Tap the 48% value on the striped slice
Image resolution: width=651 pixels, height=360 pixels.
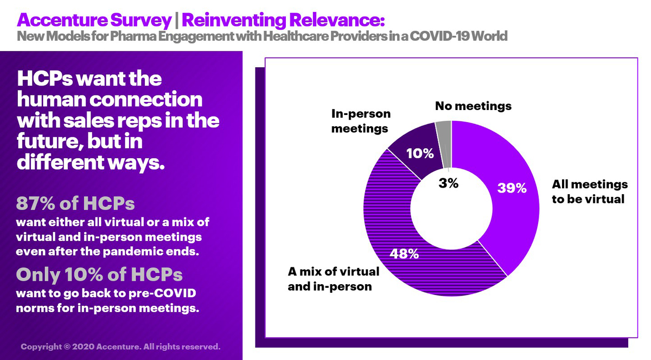tap(404, 253)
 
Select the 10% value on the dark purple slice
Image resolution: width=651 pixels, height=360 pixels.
tap(419, 153)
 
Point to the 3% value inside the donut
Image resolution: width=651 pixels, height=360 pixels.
tap(448, 183)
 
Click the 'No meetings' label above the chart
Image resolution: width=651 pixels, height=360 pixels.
tap(473, 106)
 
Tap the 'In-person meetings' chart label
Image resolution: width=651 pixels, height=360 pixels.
tap(361, 121)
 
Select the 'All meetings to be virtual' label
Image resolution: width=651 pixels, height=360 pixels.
tap(589, 191)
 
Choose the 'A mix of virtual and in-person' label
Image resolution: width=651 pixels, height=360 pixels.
tap(334, 279)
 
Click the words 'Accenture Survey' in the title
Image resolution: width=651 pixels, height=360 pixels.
tap(94, 20)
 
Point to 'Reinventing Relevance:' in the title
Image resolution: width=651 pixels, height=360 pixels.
tap(283, 20)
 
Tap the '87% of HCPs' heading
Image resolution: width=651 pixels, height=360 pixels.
tap(75, 203)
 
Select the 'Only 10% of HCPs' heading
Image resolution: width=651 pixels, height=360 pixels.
tap(99, 274)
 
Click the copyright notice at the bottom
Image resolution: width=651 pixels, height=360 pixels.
tap(120, 346)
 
